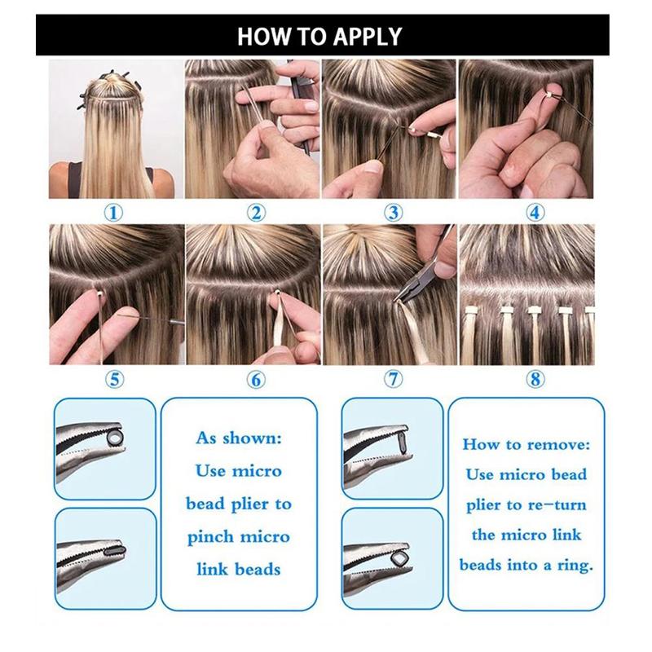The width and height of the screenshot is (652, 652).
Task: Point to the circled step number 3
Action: click(x=394, y=214)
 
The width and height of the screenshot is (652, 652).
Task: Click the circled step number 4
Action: click(x=535, y=214)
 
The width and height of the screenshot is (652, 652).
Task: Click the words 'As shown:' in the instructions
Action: click(x=239, y=438)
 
